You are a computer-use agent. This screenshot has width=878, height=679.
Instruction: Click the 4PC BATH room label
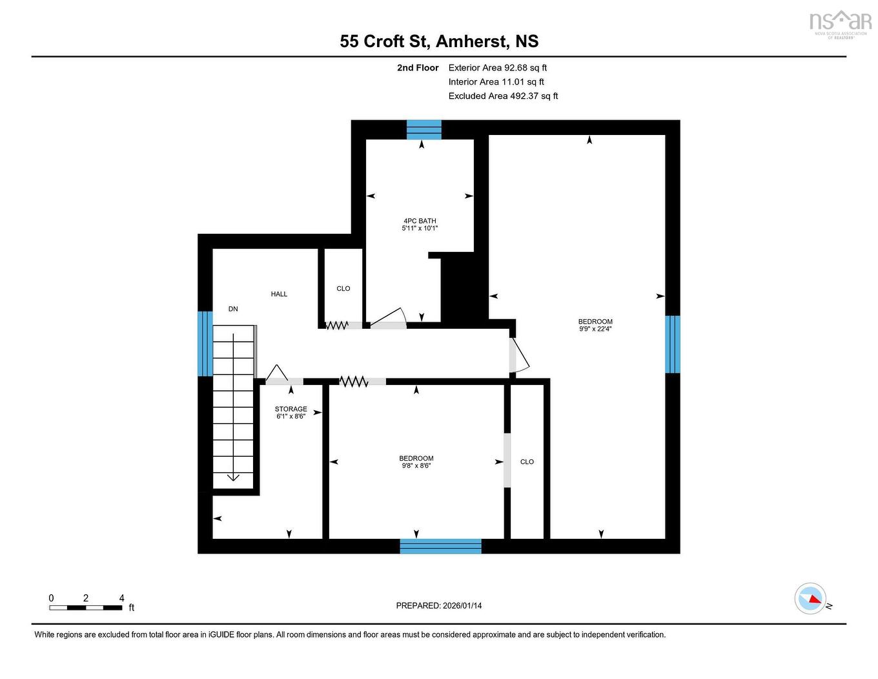[x=420, y=221]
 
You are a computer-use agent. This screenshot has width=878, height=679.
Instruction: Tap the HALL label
[x=279, y=294]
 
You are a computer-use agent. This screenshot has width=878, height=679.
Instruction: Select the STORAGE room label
[x=291, y=409]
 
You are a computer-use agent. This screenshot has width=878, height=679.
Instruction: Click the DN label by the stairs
[x=233, y=309]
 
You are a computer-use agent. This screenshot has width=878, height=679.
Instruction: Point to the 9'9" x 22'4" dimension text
[x=595, y=329]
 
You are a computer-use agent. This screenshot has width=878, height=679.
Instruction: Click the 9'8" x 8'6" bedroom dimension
[x=416, y=465]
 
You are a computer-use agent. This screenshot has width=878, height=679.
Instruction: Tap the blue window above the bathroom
[x=424, y=130]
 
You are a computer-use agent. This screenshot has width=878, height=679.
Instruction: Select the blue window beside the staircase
[x=205, y=344]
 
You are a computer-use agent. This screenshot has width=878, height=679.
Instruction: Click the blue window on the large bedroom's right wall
[x=672, y=344]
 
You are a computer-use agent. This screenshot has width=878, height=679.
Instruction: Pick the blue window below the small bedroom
[x=440, y=546]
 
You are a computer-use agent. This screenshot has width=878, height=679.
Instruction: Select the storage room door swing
[x=277, y=373]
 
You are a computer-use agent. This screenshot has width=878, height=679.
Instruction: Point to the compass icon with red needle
[x=810, y=598]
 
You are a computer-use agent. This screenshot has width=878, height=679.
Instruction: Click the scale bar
[x=86, y=607]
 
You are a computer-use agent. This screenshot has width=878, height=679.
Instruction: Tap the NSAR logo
[x=840, y=23]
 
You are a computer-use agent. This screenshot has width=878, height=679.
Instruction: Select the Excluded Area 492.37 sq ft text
[x=503, y=96]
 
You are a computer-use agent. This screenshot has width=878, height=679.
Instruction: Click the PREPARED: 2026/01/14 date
[x=439, y=605]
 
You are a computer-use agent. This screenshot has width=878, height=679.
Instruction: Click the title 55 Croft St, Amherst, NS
[x=439, y=41]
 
